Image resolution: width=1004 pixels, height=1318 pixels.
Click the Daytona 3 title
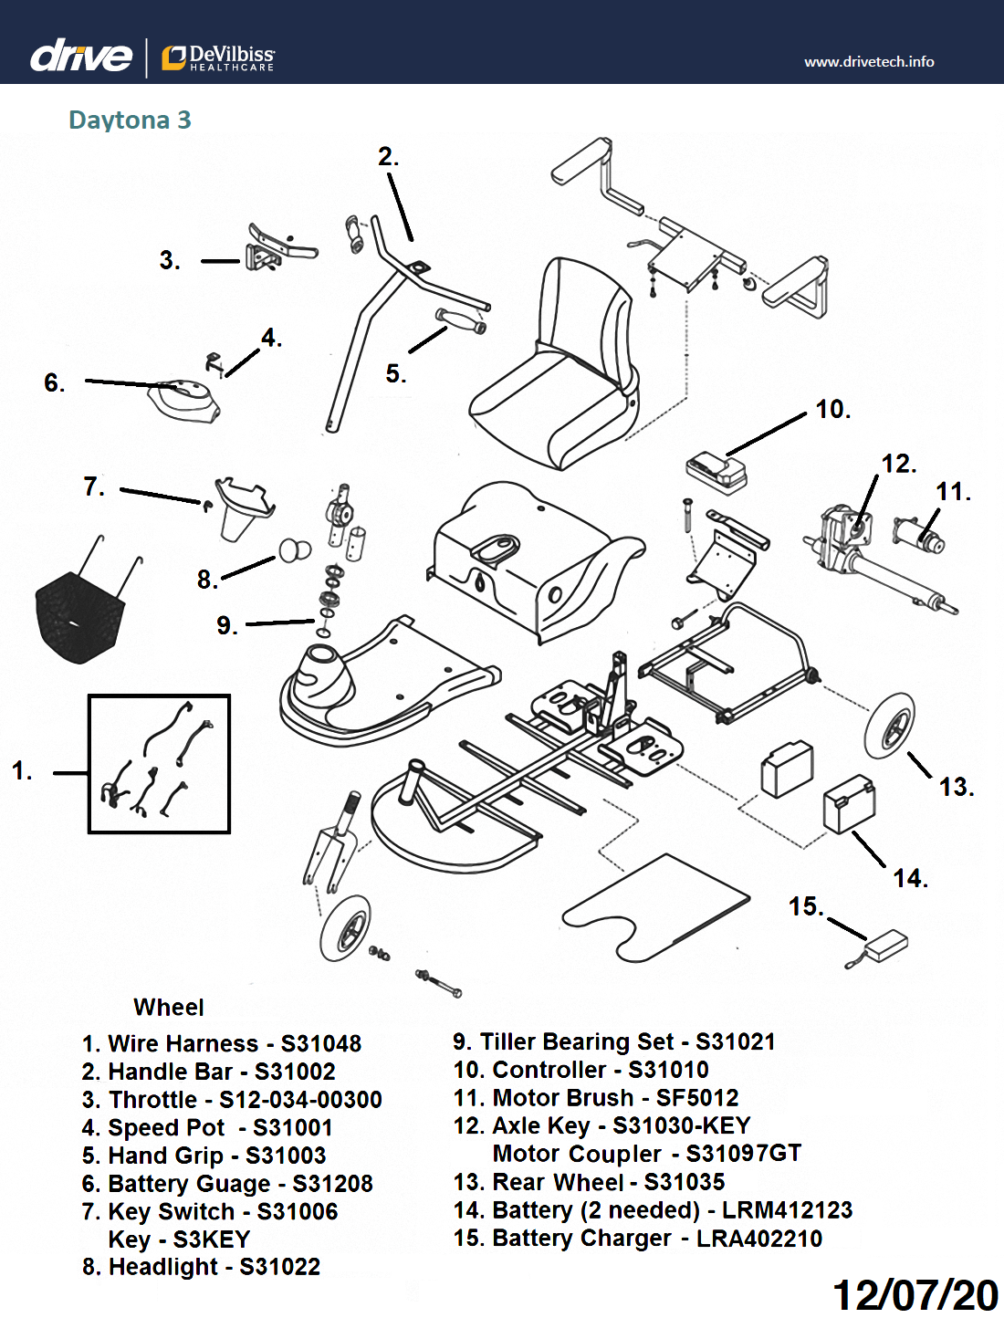point(130,120)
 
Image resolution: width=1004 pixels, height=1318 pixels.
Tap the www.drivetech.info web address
point(868,62)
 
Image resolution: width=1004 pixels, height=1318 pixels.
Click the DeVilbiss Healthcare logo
point(218,58)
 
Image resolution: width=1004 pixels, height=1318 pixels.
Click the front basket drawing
point(79,612)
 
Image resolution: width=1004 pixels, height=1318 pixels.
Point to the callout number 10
point(831,410)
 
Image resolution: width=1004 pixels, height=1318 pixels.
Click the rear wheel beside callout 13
point(890,726)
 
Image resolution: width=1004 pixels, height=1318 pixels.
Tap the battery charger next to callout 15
point(885,945)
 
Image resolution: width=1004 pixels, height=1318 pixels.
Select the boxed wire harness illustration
point(159,764)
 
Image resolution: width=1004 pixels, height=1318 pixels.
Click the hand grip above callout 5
point(460,321)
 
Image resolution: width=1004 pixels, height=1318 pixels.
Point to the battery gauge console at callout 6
point(185,400)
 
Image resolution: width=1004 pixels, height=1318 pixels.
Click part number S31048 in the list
point(321,1043)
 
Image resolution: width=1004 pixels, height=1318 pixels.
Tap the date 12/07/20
point(915,1294)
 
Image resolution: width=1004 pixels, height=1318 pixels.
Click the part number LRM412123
point(787,1210)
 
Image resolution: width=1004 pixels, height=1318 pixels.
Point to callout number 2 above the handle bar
point(388,157)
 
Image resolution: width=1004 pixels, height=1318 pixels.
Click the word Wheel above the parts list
point(169,1008)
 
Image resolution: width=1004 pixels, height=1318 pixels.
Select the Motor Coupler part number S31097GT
point(743,1154)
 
